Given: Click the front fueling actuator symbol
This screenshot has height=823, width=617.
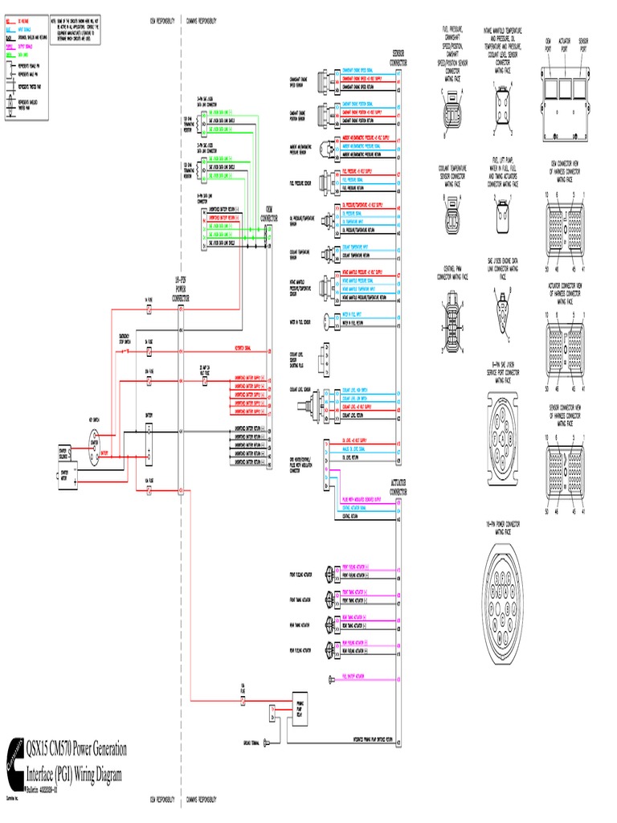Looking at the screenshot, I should (x=330, y=575).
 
